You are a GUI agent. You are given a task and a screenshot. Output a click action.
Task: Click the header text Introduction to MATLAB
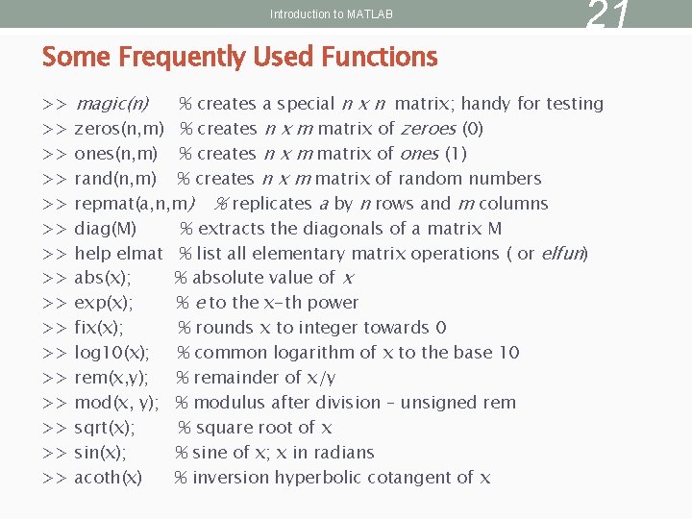(332, 14)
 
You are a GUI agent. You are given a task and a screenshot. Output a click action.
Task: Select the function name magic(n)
(111, 104)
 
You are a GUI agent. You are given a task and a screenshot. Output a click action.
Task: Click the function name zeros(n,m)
(118, 129)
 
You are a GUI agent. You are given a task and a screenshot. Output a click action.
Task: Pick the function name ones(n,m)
(116, 154)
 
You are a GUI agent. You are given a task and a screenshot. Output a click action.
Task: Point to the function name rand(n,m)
(115, 179)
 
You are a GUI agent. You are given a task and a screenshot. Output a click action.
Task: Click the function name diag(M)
(105, 229)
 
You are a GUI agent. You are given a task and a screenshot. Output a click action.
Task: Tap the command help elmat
(118, 254)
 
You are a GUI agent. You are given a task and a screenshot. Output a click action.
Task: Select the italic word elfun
(561, 254)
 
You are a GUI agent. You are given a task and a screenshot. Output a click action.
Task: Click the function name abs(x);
(103, 278)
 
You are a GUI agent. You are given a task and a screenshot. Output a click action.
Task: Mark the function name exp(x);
(104, 303)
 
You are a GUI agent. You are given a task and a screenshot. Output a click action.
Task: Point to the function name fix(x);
(99, 328)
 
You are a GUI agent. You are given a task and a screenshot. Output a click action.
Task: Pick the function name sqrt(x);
(105, 428)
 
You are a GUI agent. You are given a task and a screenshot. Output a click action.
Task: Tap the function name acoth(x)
(109, 478)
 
